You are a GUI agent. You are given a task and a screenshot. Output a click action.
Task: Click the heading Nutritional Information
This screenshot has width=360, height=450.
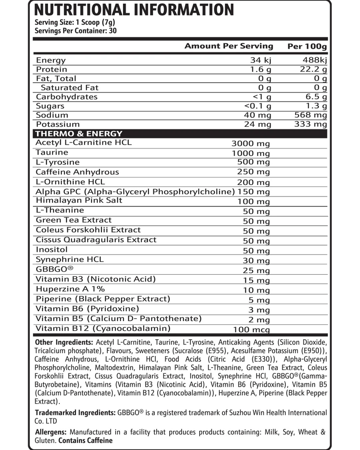(x=134, y=10)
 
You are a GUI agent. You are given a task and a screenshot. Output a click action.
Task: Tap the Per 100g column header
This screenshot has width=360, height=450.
(x=307, y=46)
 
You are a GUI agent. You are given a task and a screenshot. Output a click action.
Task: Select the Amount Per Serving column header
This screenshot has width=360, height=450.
(x=229, y=46)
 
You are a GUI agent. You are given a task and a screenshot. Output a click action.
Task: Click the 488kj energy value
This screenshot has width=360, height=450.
(x=314, y=60)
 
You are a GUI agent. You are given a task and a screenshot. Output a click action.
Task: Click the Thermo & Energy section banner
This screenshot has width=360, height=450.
(x=79, y=134)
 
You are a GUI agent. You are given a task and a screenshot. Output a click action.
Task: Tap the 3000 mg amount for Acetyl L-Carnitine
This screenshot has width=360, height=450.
(x=251, y=143)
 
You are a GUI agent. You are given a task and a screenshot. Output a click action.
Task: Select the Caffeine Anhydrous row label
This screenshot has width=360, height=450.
(x=77, y=172)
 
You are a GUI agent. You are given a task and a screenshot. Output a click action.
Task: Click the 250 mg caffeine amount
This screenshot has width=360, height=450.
(x=253, y=172)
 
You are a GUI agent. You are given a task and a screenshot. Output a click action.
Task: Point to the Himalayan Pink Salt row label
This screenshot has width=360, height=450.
(x=79, y=200)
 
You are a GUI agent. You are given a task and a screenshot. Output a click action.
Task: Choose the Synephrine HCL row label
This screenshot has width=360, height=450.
(x=70, y=259)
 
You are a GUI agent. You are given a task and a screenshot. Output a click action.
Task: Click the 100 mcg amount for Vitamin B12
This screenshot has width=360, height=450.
(x=251, y=330)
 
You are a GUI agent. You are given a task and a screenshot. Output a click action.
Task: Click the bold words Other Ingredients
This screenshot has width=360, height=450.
(x=63, y=342)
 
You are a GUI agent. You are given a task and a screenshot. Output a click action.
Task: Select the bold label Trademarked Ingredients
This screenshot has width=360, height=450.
(x=75, y=413)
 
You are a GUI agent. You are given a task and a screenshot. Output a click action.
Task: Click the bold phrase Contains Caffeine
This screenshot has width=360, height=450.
(x=85, y=440)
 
